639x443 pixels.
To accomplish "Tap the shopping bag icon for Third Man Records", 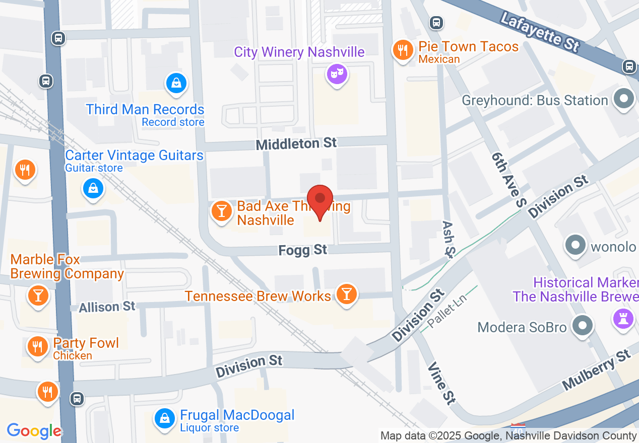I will point(176,83).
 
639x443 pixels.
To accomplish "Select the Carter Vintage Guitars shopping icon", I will point(93,189).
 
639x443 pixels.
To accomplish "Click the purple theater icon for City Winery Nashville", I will point(336,74).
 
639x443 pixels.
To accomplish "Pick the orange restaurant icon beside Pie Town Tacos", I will point(403,50).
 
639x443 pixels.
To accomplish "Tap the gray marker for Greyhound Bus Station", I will point(624,99).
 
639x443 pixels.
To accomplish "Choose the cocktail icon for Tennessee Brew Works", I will point(346,294).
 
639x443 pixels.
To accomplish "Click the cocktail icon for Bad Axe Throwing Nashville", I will point(221,210).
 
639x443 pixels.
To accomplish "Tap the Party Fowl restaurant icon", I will point(37,347).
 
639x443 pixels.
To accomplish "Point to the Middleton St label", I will point(296,144).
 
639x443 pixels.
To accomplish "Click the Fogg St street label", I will point(303,250).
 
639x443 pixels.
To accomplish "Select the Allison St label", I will point(107,307).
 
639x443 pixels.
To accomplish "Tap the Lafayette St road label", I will point(540,31).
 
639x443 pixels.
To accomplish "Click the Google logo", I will point(34,431).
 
